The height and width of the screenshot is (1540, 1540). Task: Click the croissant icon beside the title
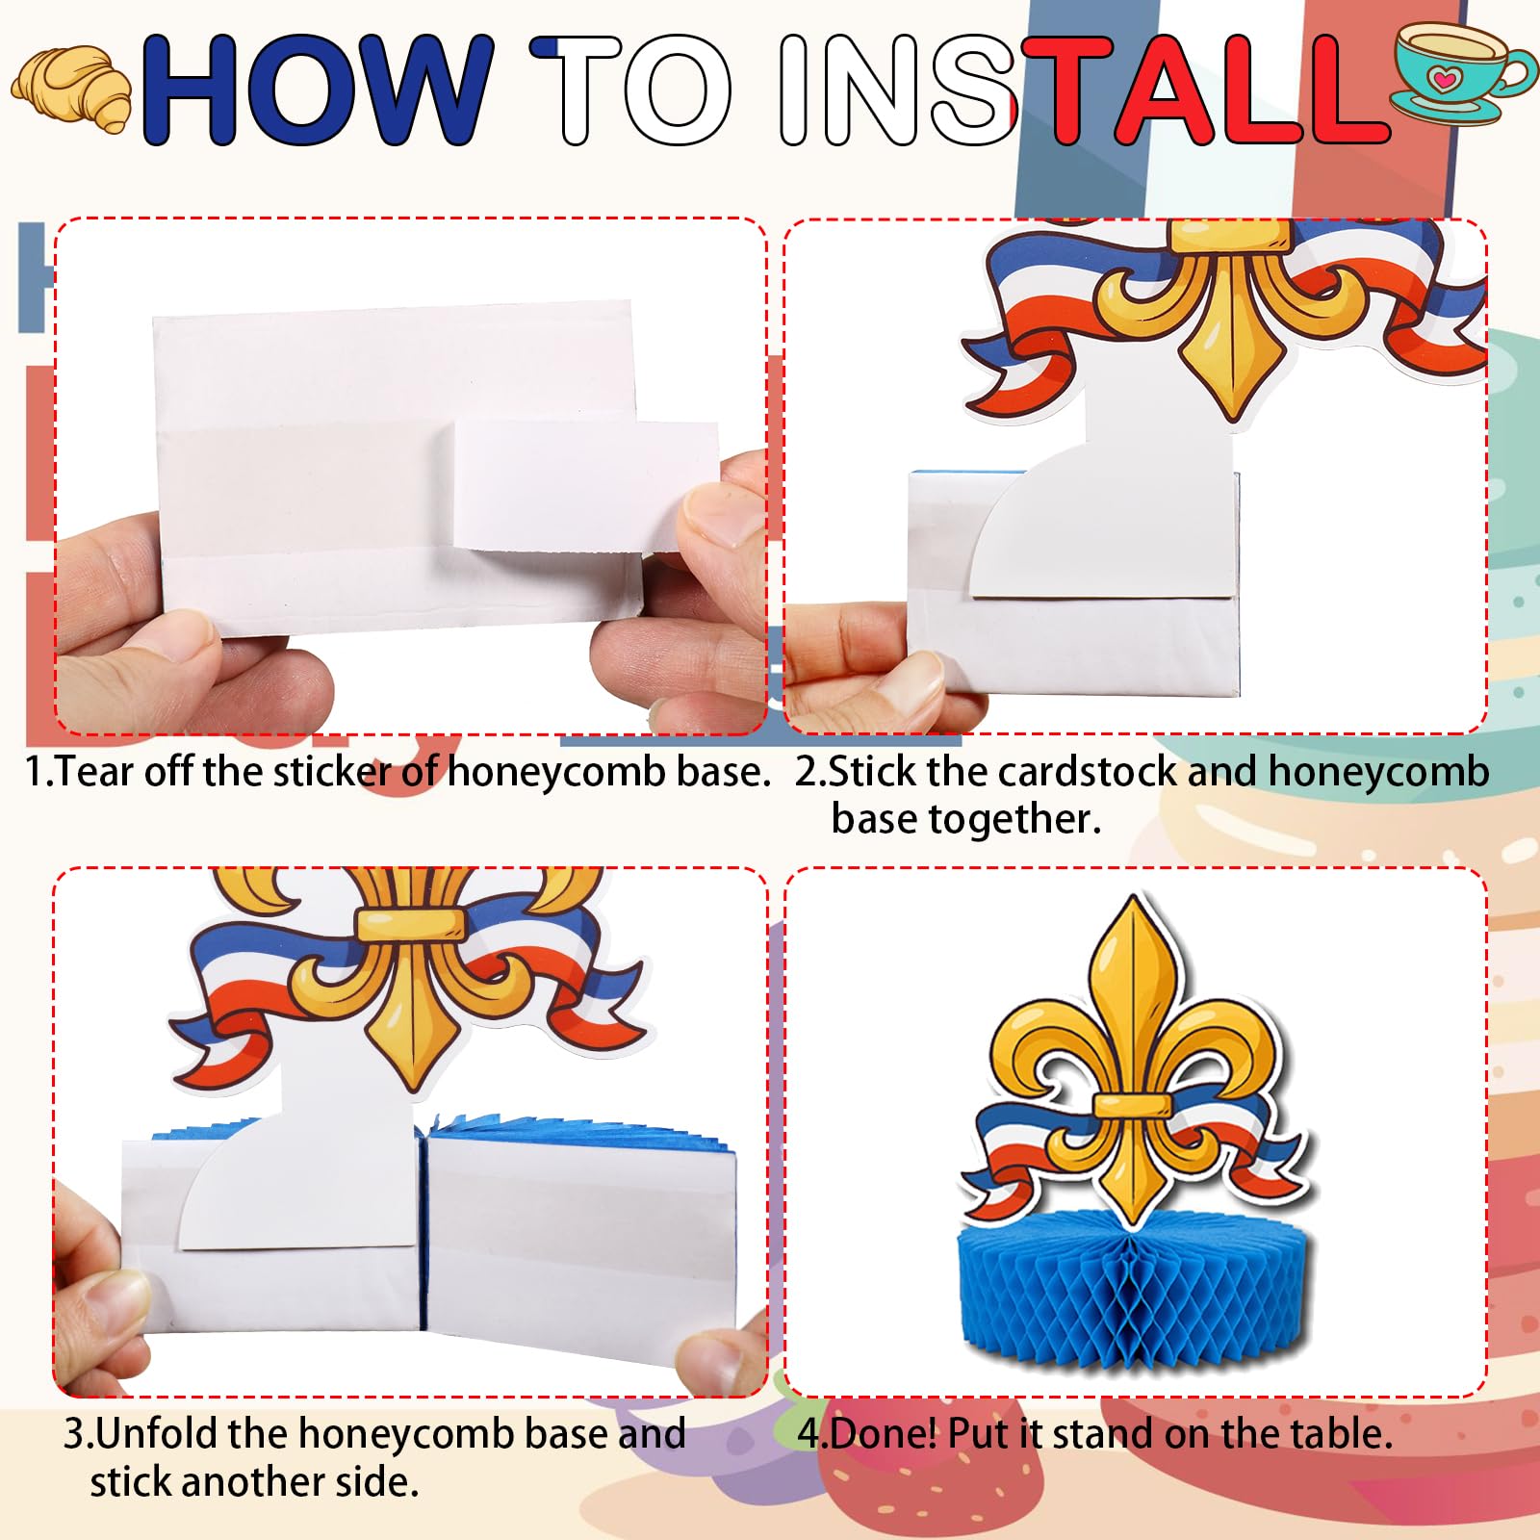tap(72, 89)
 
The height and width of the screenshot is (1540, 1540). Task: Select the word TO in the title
tap(631, 90)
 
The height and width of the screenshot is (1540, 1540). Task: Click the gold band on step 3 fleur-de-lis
tap(410, 925)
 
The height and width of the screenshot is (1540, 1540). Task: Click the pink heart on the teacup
tap(1441, 78)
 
